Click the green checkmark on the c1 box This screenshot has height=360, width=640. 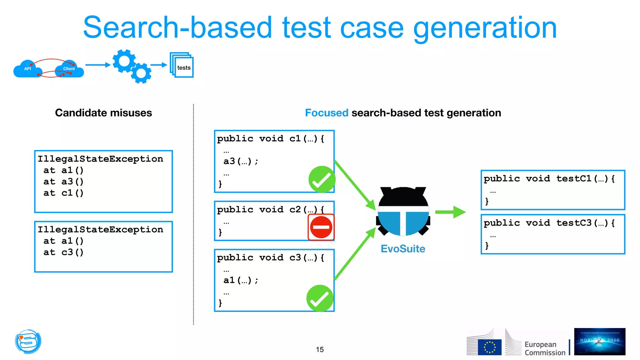point(322,179)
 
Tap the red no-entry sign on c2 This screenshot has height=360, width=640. point(321,227)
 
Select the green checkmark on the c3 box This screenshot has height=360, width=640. point(320,298)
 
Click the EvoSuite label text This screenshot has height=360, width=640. point(403,249)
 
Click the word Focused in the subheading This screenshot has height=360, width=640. point(326,113)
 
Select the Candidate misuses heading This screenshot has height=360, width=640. point(103,113)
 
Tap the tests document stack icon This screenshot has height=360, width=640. point(182,65)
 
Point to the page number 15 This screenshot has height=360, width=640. point(320,349)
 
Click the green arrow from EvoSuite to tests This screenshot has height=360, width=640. point(450,212)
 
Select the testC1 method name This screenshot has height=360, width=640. point(574,179)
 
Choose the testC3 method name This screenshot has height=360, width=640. point(574,223)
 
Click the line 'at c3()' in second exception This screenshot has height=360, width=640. point(63,252)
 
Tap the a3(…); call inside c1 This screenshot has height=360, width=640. point(241,161)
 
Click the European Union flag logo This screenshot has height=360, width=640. point(489,347)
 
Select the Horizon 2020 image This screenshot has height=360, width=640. point(599,342)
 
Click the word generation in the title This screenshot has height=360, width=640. point(485,28)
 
